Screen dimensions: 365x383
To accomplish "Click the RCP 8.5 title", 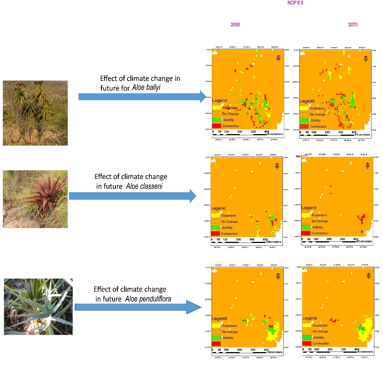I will (x=295, y=3).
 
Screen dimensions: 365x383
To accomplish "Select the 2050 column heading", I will (x=235, y=25).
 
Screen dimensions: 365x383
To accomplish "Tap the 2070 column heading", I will (x=353, y=25).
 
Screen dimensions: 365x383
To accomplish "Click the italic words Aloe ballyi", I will (x=146, y=88).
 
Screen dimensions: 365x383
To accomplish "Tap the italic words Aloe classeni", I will (x=144, y=186).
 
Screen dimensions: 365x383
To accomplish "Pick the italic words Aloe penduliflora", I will (x=148, y=299).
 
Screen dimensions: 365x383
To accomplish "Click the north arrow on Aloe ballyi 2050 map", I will (x=278, y=58).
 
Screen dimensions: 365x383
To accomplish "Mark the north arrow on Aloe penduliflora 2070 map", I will (x=369, y=276).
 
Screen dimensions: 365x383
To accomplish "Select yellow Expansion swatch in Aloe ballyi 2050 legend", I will (x=217, y=108).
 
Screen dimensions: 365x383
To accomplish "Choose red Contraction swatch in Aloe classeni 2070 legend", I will (x=306, y=233).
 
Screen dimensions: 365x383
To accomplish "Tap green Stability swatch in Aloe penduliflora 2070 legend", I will (x=307, y=337).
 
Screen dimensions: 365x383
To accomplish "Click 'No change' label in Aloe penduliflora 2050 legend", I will (x=230, y=332).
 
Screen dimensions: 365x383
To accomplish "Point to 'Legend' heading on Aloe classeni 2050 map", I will (x=218, y=208).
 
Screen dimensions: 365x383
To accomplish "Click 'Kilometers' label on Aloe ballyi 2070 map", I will (x=362, y=135).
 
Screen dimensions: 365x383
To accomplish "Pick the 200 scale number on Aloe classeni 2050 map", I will (x=238, y=240).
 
